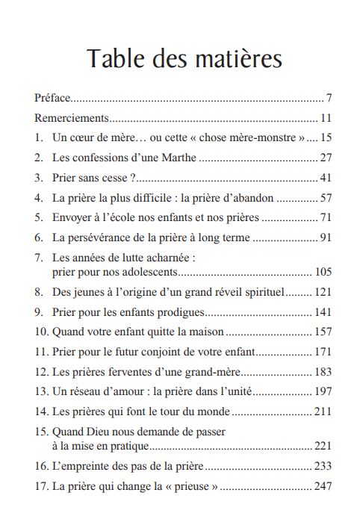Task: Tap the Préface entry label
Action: point(52,98)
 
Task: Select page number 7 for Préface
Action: point(328,98)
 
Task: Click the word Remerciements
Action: point(72,118)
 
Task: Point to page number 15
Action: point(325,138)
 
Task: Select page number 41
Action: point(325,178)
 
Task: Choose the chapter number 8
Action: point(38,293)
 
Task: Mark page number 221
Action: point(322,446)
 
